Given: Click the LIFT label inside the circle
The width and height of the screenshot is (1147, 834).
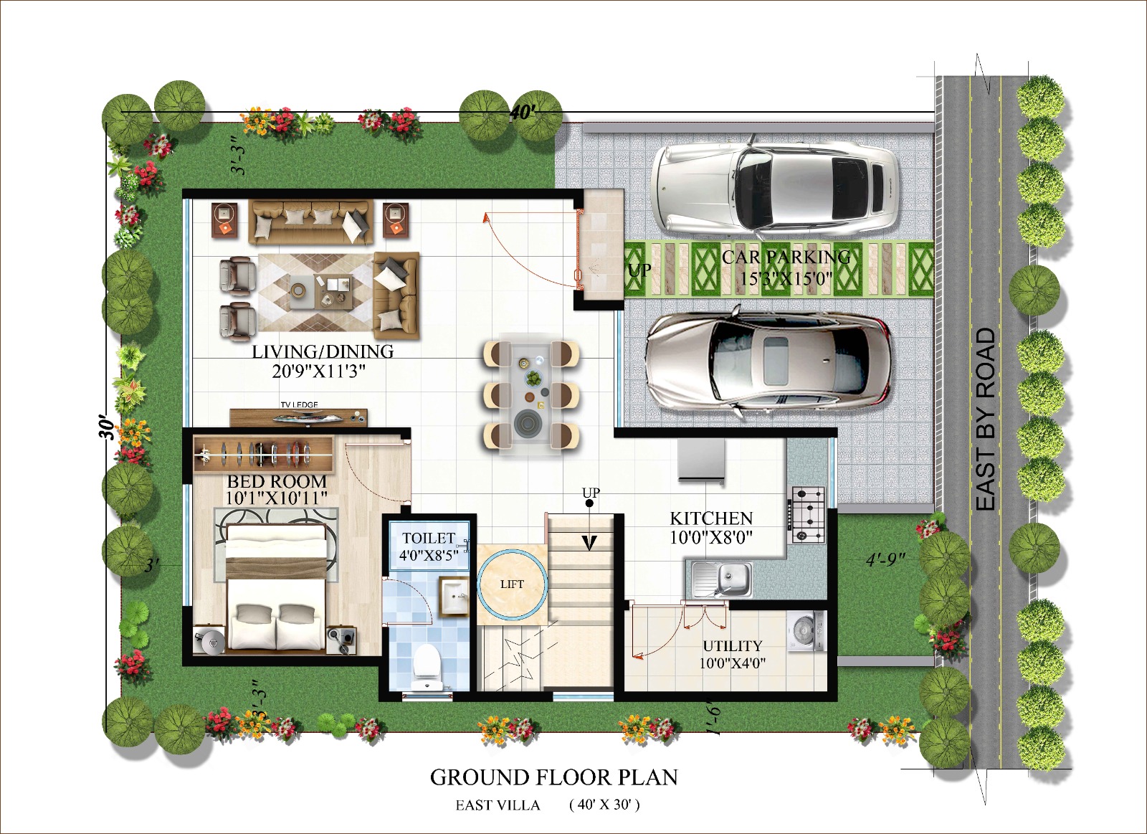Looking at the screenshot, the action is pos(512,584).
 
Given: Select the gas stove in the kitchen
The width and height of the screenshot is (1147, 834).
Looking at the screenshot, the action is pos(809,515).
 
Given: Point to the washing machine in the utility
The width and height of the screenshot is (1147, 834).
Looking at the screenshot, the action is pos(807,632).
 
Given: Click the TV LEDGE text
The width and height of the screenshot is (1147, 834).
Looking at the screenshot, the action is pos(299,404).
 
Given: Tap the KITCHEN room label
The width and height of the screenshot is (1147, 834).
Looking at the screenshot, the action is pos(712,518).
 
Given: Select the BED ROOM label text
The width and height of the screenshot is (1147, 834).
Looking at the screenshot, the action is pos(277,482).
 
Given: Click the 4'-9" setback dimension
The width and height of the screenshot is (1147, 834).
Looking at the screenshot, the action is pos(886,560).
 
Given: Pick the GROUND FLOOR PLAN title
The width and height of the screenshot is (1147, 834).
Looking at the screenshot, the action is pos(554,777).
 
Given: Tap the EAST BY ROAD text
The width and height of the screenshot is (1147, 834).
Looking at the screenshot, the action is pos(985,420).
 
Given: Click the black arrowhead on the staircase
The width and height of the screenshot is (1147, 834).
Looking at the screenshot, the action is pos(590,542).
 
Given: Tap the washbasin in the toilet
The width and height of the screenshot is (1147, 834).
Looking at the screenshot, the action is pos(454,597).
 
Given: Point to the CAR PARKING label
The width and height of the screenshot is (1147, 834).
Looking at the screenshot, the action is pos(786,257).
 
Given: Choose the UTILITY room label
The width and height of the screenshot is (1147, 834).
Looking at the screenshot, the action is pos(733,645).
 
